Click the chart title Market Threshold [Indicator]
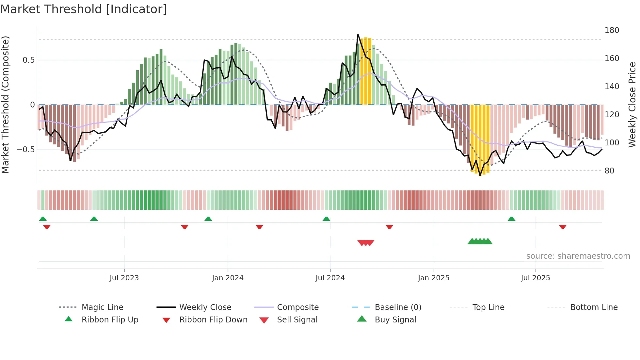84,9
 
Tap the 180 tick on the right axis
612,30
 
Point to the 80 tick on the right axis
609,171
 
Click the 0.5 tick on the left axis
28,60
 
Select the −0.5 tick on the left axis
25,150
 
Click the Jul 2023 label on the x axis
124,278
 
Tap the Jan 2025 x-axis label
433,278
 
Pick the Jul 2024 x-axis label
330,278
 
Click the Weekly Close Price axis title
632,105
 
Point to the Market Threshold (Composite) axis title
5,105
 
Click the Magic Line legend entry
102,307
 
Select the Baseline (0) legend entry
398,307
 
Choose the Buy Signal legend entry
395,320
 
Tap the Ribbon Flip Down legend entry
213,320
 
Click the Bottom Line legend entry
594,307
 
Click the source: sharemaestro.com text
578,256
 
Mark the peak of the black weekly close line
358,34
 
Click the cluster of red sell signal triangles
366,243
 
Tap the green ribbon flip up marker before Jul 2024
326,219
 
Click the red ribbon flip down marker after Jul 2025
562,227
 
